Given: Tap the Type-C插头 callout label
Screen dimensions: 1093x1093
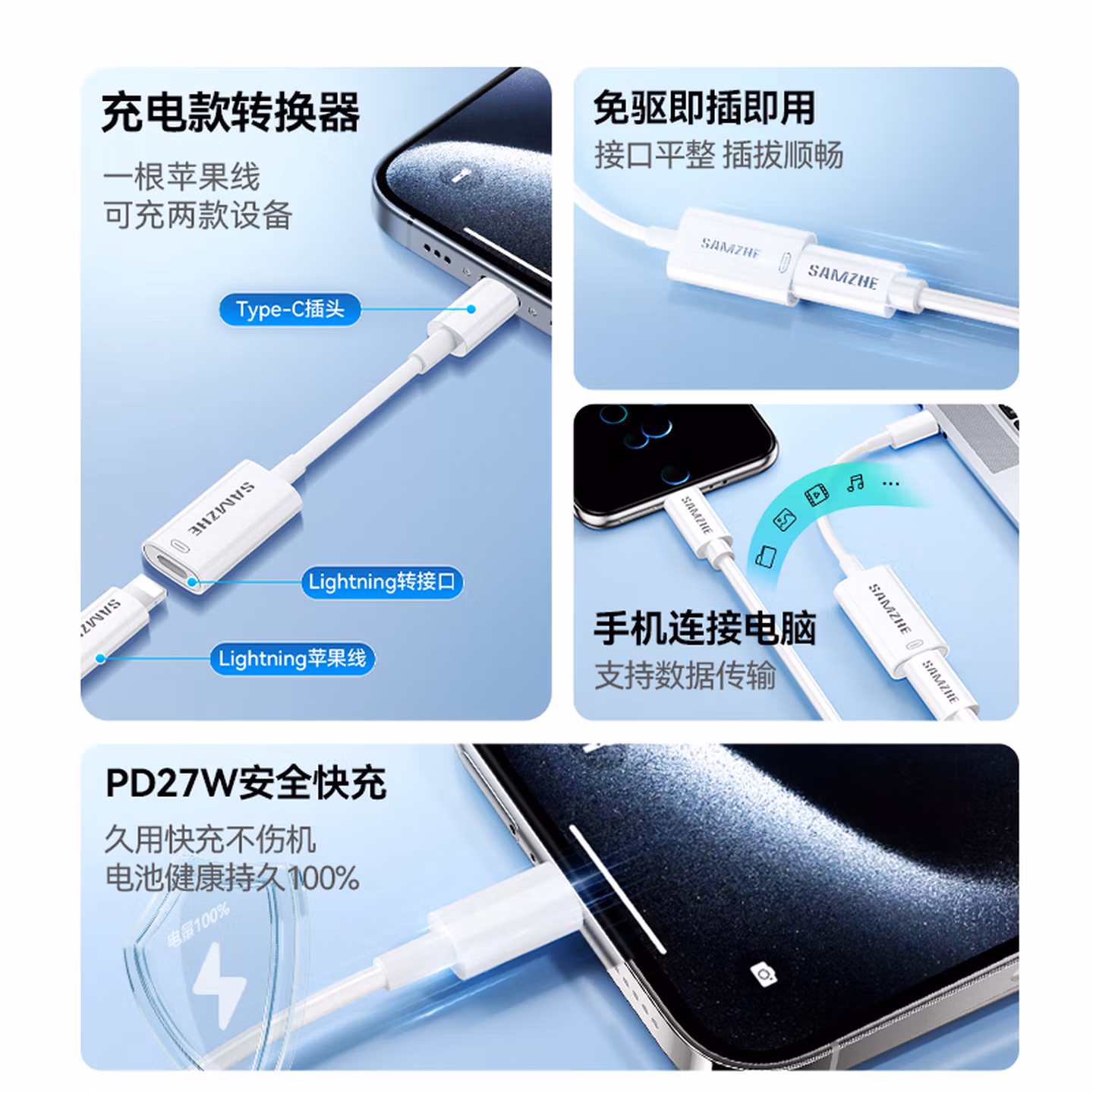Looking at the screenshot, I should pyautogui.click(x=290, y=310).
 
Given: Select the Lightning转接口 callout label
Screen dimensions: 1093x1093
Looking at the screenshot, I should pyautogui.click(x=382, y=582).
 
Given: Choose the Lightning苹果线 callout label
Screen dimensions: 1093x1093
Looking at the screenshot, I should pyautogui.click(x=292, y=659).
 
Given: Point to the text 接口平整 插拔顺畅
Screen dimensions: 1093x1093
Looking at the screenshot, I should pyautogui.click(x=718, y=156).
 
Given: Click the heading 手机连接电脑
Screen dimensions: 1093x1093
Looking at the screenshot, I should pyautogui.click(x=704, y=628).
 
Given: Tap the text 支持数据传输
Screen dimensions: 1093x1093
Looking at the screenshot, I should pyautogui.click(x=685, y=675).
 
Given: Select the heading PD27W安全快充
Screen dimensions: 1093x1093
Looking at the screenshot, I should pyautogui.click(x=245, y=783).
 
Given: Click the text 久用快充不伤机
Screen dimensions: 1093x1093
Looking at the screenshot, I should pyautogui.click(x=209, y=839).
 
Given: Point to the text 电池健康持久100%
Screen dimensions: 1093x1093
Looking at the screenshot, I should pyautogui.click(x=232, y=879).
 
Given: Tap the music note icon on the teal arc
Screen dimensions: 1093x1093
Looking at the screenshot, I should pyautogui.click(x=855, y=483).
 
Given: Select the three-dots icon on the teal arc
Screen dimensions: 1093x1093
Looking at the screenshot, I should pyautogui.click(x=891, y=484).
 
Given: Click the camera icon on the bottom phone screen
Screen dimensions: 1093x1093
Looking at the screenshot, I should pyautogui.click(x=764, y=974).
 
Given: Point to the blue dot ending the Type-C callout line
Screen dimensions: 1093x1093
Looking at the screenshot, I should pyautogui.click(x=471, y=310).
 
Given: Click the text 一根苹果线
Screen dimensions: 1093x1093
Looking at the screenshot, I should pyautogui.click(x=181, y=178).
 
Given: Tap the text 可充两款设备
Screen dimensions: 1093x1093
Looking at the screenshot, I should pyautogui.click(x=198, y=216).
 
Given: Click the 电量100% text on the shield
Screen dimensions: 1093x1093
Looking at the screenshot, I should pyautogui.click(x=198, y=925).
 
